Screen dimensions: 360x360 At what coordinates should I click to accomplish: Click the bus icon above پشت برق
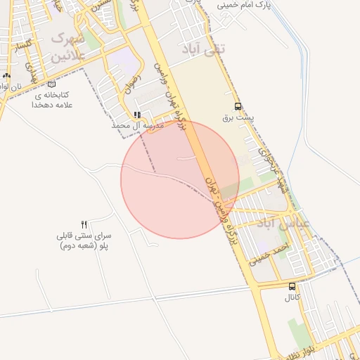click(238, 107)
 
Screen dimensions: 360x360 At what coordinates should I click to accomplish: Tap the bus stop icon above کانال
click(292, 286)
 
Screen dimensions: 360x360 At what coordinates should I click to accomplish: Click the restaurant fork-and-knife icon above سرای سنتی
click(84, 224)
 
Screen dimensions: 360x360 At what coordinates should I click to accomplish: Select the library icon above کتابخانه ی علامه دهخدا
click(51, 84)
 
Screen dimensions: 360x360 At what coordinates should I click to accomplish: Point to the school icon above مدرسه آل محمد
click(137, 115)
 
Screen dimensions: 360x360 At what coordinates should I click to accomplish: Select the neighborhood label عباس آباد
click(283, 226)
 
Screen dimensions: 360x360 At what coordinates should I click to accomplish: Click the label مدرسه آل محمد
click(138, 125)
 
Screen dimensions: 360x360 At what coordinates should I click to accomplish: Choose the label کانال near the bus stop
click(292, 297)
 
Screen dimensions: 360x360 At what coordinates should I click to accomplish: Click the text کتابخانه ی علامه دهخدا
click(52, 100)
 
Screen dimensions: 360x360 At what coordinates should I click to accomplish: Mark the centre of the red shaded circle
click(180, 179)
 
